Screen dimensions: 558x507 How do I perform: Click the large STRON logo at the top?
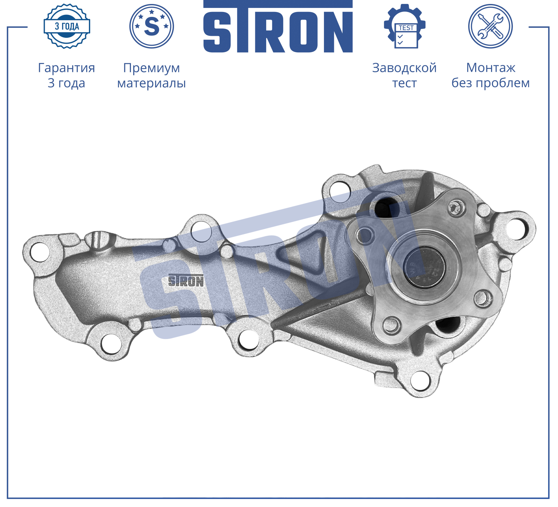(x=278, y=27)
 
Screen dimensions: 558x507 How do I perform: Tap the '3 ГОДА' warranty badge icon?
(x=67, y=26)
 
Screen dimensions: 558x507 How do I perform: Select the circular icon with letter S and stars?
(x=152, y=26)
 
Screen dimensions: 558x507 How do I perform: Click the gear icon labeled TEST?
(x=404, y=26)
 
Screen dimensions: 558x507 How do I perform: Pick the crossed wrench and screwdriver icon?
(x=490, y=26)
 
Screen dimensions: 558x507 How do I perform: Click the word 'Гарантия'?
(x=67, y=68)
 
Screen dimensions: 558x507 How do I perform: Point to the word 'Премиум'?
(x=152, y=68)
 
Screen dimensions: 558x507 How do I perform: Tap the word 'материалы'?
(x=152, y=83)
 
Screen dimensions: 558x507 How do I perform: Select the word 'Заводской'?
(x=404, y=68)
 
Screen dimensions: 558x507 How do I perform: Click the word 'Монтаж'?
(x=491, y=68)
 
